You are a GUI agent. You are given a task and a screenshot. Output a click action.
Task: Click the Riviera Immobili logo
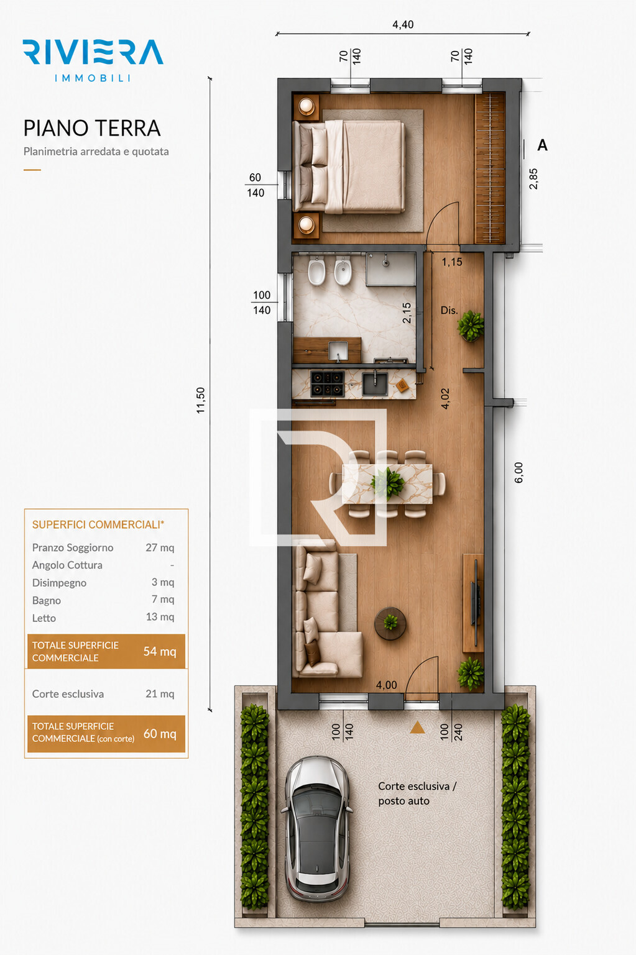pyautogui.click(x=93, y=60)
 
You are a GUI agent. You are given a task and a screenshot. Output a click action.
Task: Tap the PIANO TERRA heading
pyautogui.click(x=92, y=128)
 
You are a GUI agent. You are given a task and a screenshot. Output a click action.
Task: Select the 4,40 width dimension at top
pyautogui.click(x=403, y=25)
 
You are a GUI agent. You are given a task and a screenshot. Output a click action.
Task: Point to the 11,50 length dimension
pyautogui.click(x=200, y=400)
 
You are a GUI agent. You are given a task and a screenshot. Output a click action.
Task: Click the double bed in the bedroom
pyautogui.click(x=349, y=167)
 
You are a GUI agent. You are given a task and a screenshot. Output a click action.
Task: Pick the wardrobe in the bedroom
pyautogui.click(x=490, y=168)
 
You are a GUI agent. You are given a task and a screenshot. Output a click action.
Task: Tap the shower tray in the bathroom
pyautogui.click(x=390, y=268)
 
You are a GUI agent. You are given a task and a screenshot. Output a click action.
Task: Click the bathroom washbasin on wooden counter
pyautogui.click(x=338, y=350)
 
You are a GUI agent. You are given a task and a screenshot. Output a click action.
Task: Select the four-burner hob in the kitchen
pyautogui.click(x=327, y=383)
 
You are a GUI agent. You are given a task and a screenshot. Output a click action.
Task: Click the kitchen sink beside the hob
pyautogui.click(x=375, y=384)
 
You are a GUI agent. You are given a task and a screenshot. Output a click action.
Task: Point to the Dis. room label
pyautogui.click(x=449, y=311)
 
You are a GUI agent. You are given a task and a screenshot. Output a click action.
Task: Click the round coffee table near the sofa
pyautogui.click(x=390, y=623)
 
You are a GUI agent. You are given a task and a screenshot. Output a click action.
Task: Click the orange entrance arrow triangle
pyautogui.click(x=417, y=727)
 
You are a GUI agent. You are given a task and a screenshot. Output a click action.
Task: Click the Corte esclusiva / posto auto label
pyautogui.click(x=417, y=793)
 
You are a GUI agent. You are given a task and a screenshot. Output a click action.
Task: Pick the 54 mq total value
pyautogui.click(x=160, y=651)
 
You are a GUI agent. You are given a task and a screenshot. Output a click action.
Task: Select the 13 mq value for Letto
pyautogui.click(x=160, y=617)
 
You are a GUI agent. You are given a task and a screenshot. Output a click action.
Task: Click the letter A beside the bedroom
pyautogui.click(x=542, y=145)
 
